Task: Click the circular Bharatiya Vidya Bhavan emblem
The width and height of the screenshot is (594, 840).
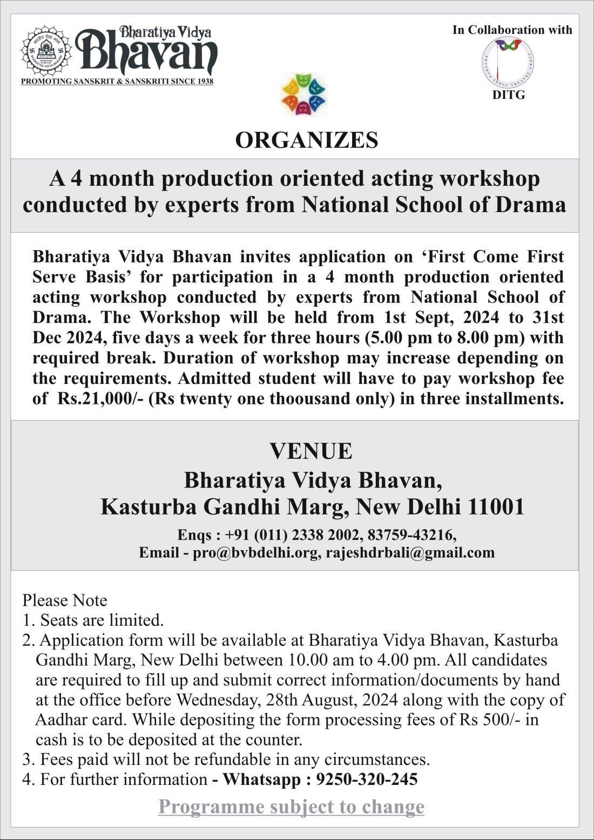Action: [46, 51]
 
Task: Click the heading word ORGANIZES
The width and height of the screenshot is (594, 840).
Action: [306, 140]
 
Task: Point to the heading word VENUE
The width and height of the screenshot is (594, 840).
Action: [310, 451]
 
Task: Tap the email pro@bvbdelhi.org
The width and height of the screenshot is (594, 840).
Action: [255, 553]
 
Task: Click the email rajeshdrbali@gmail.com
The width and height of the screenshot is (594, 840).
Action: [410, 553]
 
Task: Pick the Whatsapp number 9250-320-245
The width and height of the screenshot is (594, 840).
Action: [367, 780]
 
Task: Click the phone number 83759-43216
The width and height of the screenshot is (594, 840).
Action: [411, 535]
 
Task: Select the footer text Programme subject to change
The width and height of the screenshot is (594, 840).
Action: [291, 807]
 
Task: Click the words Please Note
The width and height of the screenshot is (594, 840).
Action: [65, 600]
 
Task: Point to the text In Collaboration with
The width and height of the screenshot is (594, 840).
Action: [512, 30]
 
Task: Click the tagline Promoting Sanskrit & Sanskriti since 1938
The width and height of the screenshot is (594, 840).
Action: [117, 82]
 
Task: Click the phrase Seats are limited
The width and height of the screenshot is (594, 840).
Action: [102, 620]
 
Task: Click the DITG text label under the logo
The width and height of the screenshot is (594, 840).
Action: [508, 95]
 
